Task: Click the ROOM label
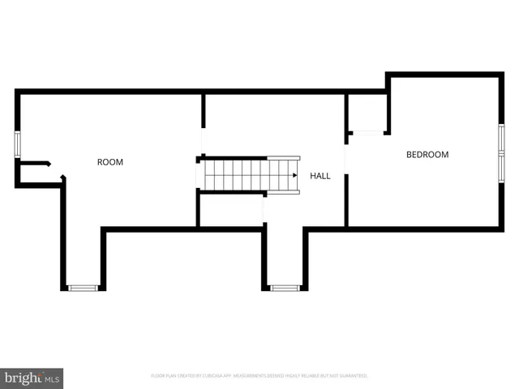pos(110,162)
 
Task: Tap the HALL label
pos(320,175)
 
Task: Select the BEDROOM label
pos(427,155)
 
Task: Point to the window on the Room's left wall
pos(17,143)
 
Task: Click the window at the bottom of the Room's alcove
pos(82,288)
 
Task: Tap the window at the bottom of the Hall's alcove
pos(284,288)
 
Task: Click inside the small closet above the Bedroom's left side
pos(367,112)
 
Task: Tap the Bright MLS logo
pos(32,378)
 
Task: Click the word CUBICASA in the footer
pos(206,376)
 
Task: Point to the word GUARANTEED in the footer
pos(354,376)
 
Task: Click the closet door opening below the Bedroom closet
pos(367,132)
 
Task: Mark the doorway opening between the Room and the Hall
pos(203,138)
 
